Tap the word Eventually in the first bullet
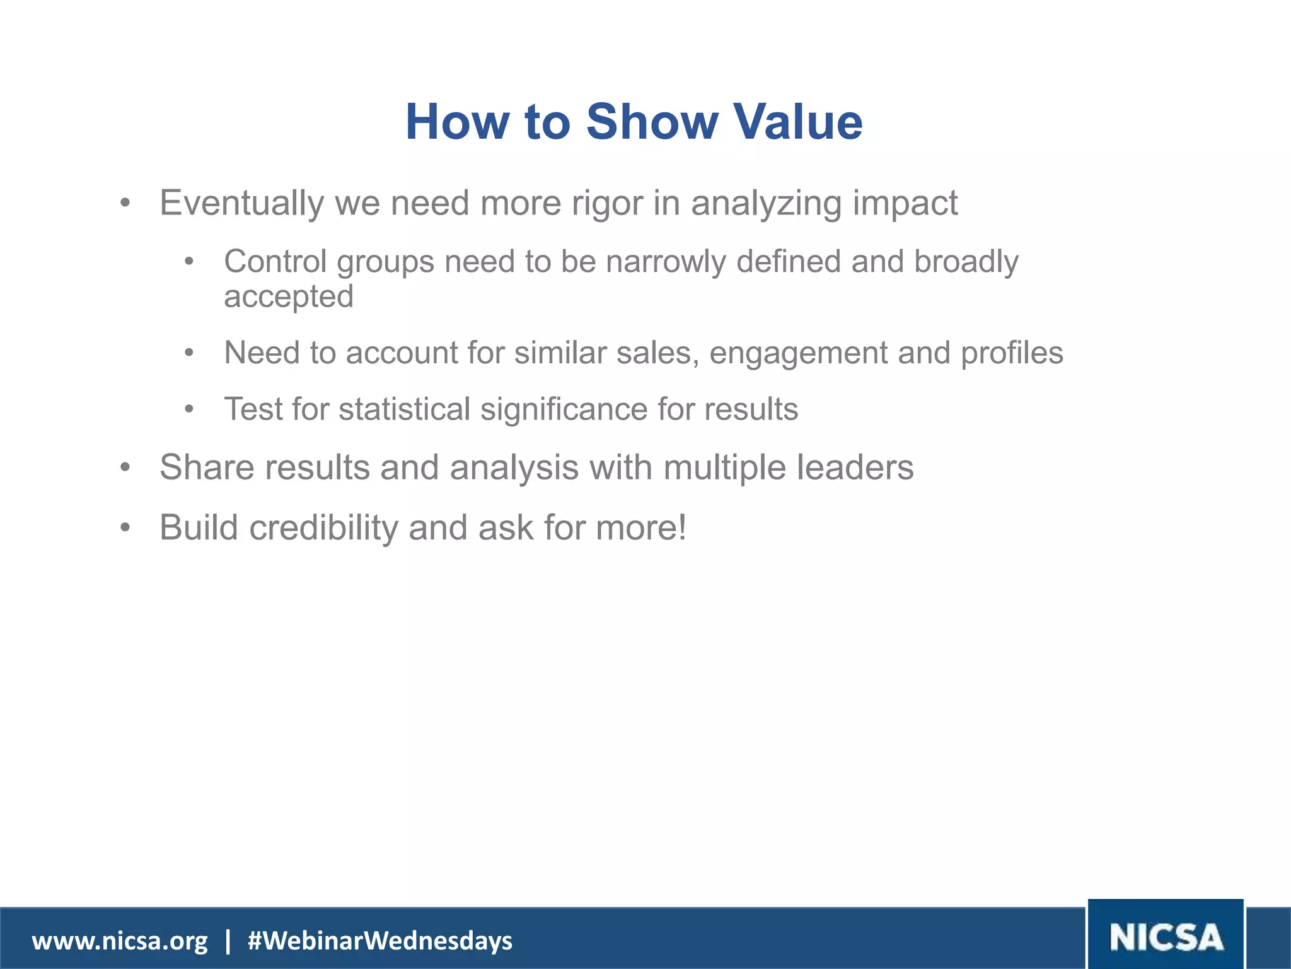pyautogui.click(x=241, y=203)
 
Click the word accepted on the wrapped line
pyautogui.click(x=289, y=297)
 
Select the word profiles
pyautogui.click(x=1012, y=353)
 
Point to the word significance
pyautogui.click(x=564, y=409)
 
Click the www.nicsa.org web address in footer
pyautogui.click(x=120, y=941)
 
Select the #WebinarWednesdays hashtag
pyautogui.click(x=380, y=941)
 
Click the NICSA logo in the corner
pyautogui.click(x=1166, y=937)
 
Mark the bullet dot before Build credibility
pyautogui.click(x=125, y=527)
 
